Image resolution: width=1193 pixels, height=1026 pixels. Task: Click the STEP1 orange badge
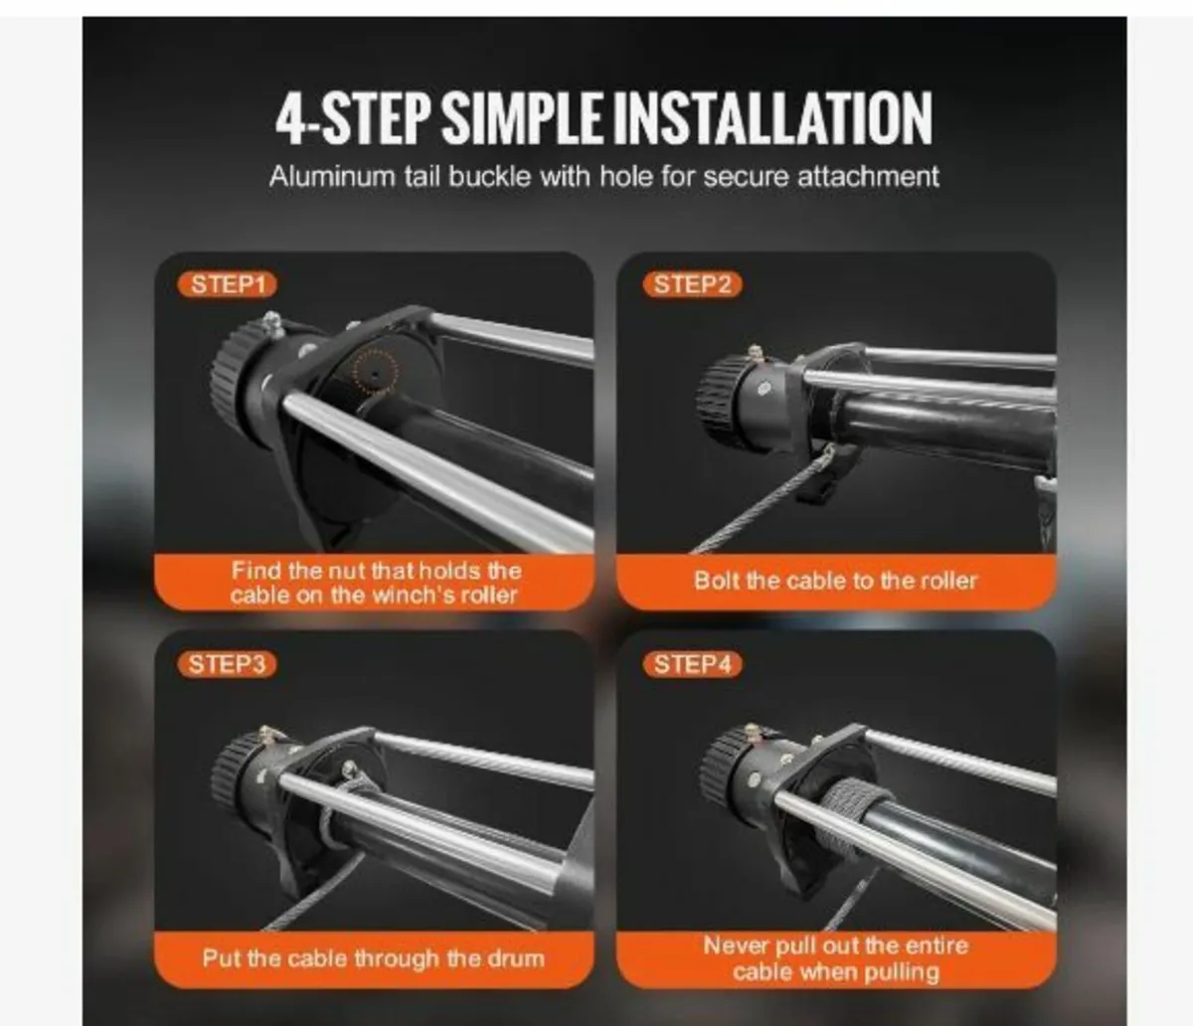228,284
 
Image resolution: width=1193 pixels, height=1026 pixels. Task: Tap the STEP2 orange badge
692,284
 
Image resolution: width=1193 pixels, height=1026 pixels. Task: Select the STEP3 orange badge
228,663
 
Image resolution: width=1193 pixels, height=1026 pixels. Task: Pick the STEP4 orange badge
692,663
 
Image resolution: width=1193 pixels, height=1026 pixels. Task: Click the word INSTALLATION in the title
771,118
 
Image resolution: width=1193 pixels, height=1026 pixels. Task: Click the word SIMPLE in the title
521,118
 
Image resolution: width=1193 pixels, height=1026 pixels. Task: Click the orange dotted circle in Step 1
375,372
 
